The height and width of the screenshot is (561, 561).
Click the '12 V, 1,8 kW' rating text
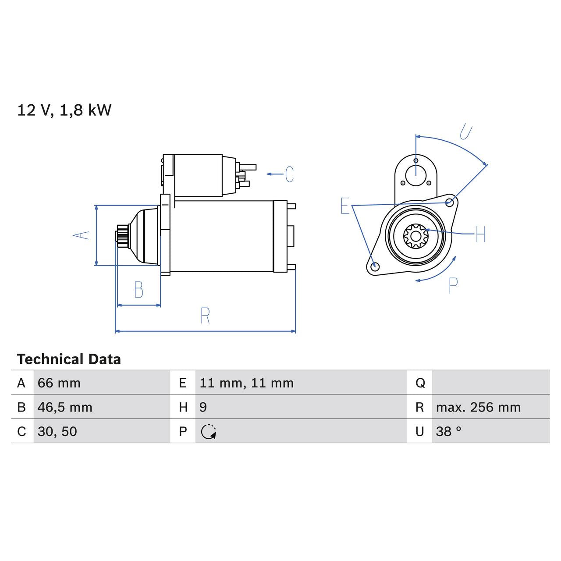(64, 110)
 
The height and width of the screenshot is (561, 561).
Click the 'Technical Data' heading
(69, 359)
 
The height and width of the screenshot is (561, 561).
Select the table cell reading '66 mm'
(59, 383)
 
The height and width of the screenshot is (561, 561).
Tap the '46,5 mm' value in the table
(65, 407)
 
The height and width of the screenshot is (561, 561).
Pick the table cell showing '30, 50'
(57, 431)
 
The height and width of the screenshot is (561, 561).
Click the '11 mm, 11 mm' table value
(246, 383)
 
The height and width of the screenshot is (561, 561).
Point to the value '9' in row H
(203, 407)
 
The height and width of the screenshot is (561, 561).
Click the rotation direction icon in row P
(209, 432)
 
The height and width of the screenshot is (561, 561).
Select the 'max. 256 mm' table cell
(478, 407)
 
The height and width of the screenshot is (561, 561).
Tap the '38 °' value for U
(448, 431)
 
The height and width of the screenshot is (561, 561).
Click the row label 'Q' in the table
(420, 383)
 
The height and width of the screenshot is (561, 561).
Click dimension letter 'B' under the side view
(138, 290)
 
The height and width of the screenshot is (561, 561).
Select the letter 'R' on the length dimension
(205, 316)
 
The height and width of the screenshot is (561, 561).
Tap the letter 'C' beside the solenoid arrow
(289, 174)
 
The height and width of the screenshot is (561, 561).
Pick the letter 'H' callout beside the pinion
(480, 234)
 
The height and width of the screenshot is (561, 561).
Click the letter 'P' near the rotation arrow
(453, 285)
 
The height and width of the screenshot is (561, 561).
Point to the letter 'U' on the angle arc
(466, 132)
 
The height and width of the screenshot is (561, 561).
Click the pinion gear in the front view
(415, 236)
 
